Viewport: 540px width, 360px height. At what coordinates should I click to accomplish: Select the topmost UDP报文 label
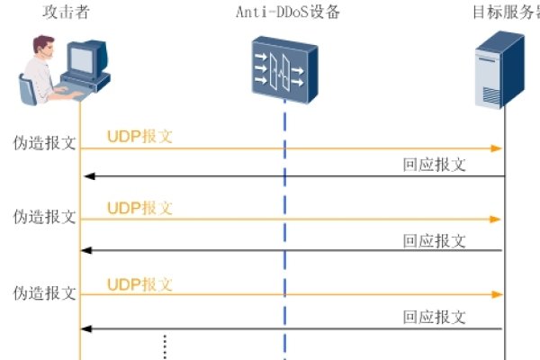tap(139, 137)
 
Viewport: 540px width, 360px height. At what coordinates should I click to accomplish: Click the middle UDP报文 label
tap(139, 208)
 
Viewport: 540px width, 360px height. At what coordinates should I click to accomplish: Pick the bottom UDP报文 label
tap(139, 284)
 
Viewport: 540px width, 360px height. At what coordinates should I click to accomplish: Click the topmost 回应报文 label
tap(434, 164)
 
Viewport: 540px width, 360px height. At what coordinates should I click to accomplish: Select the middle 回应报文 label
tap(434, 240)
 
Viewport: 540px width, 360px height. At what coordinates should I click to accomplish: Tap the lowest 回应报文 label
tap(434, 317)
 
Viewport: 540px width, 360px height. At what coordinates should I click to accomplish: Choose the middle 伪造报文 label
tap(44, 217)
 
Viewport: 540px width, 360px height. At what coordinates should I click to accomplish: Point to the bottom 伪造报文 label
tap(44, 292)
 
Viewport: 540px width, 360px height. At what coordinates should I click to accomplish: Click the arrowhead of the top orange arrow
tap(496, 148)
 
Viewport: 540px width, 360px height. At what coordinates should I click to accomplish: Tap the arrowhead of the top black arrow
tap(86, 175)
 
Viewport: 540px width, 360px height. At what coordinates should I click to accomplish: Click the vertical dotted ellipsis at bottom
tap(165, 346)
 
